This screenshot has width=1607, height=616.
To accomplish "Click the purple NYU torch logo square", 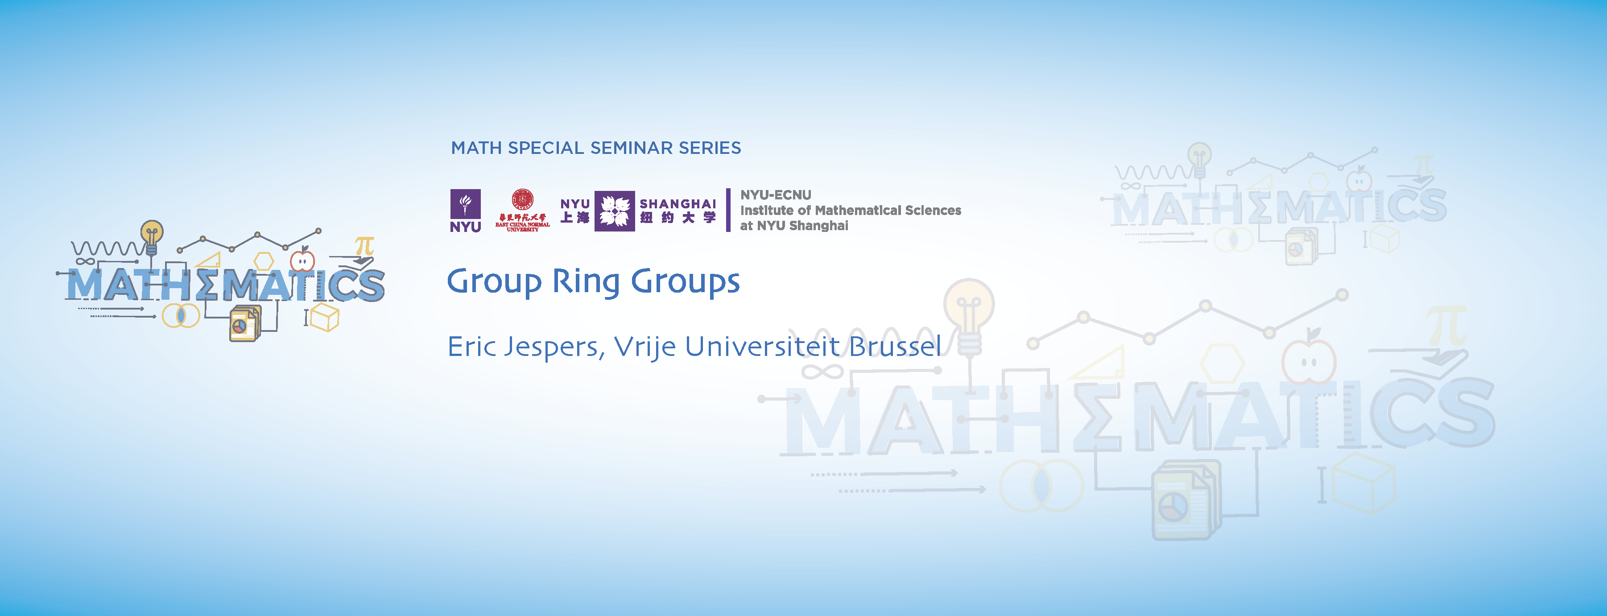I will coord(465,204).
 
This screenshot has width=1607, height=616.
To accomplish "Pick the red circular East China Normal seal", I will coord(522,200).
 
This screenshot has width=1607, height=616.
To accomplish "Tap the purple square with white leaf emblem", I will coord(615,211).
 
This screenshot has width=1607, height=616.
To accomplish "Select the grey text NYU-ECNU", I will coord(776,195).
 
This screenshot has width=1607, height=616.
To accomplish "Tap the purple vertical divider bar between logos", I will coord(728,211).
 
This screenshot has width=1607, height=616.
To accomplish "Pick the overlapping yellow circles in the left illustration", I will coord(181,316).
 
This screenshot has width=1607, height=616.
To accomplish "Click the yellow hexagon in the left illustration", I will coord(264,261).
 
